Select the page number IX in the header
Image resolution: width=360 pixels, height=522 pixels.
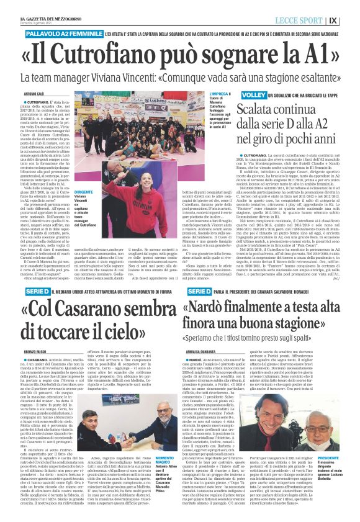[351, 20]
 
